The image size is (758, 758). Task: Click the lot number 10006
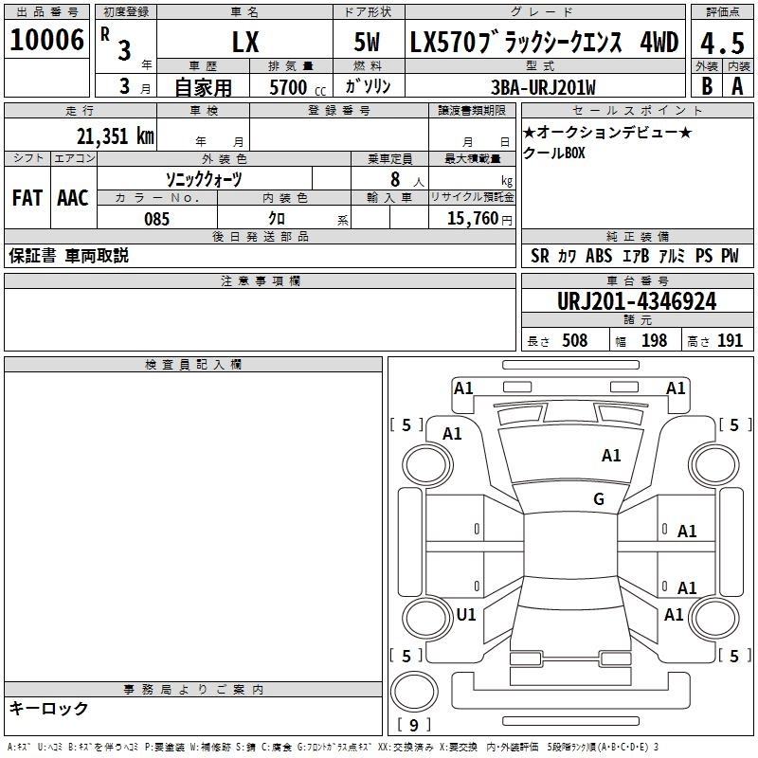coord(46,40)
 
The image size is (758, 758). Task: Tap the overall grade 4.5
coord(722,44)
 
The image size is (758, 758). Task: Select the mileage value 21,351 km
coord(115,136)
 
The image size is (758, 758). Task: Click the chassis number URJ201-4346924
coord(637,301)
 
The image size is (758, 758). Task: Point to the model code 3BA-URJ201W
coord(543,87)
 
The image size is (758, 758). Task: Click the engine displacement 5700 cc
coord(298,87)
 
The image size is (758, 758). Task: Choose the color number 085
coord(156,219)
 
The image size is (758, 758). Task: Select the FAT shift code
coord(27,198)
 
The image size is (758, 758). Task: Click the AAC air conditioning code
coord(73,198)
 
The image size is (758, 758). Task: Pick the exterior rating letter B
coord(707,86)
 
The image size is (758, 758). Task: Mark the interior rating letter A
coord(737,86)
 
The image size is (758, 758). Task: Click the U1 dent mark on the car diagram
coord(466,614)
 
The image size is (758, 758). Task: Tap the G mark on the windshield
coord(599,498)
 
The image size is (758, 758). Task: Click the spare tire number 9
coord(414,725)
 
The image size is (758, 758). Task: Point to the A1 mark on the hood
coord(611,455)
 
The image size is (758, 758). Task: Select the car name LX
coord(245,42)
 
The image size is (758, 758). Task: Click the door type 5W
coord(367,42)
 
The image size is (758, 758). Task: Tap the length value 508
coord(575,340)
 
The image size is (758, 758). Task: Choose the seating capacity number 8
coord(395,179)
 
